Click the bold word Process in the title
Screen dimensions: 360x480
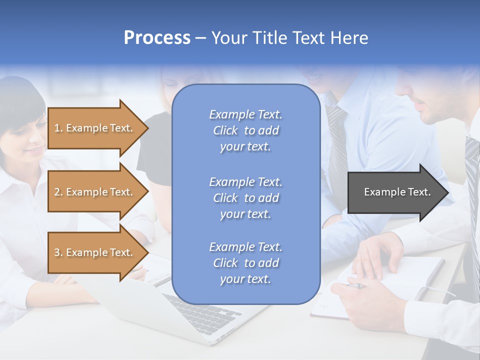[x=157, y=38]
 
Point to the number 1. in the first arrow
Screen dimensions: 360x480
[x=58, y=128]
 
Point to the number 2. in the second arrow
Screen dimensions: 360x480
[x=58, y=192]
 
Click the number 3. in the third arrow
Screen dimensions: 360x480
[x=58, y=252]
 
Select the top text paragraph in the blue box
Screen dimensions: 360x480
[x=245, y=130]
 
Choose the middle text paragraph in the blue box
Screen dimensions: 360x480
[x=245, y=197]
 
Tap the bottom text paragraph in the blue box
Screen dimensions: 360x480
[x=245, y=263]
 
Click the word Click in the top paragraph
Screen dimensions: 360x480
[x=225, y=130]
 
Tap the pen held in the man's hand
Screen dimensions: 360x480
[x=356, y=286]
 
